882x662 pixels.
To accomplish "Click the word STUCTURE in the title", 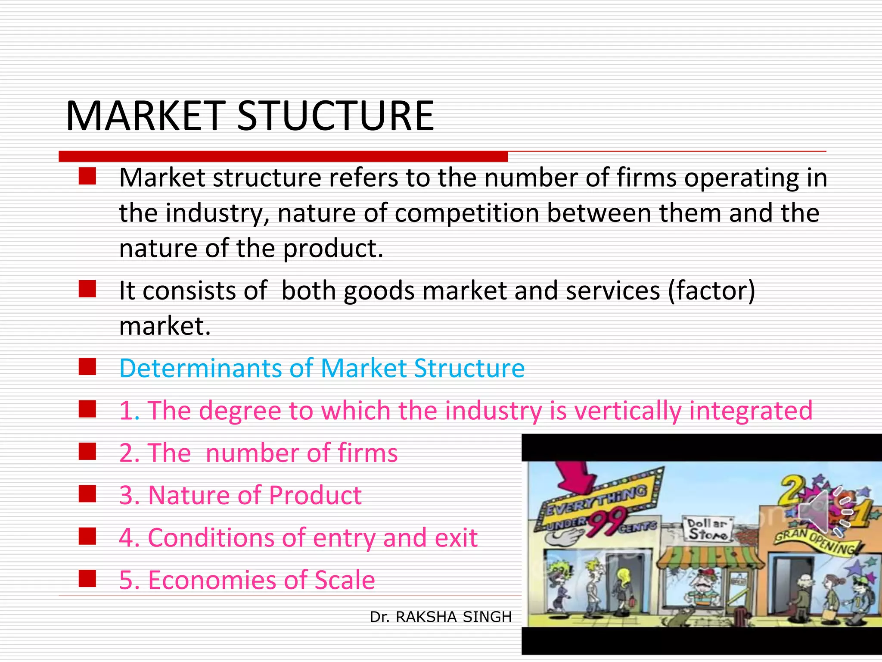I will (335, 116).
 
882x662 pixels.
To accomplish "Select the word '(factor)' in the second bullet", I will (711, 290).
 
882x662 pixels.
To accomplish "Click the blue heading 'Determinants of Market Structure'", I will (322, 368).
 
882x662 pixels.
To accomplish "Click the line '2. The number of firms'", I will (258, 453).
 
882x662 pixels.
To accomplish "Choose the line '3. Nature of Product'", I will (240, 495).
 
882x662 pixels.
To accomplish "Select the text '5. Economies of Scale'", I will (247, 580).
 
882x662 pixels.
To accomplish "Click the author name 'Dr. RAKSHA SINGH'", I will (441, 617).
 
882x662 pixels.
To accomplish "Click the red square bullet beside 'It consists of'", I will (87, 289).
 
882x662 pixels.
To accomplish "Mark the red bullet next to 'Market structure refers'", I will (87, 177).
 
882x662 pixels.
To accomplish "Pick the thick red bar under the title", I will (283, 156).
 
